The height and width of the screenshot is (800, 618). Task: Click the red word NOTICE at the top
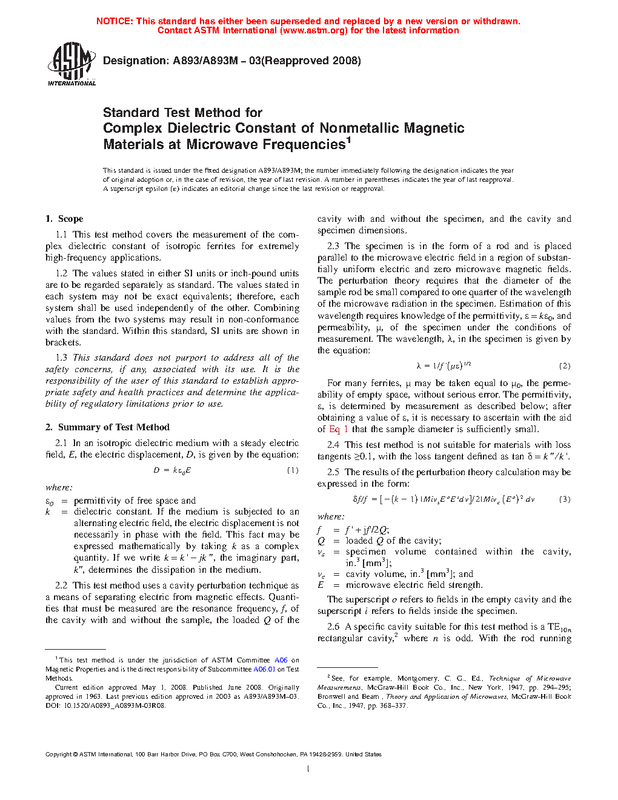115,21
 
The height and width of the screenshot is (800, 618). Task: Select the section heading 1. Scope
64,219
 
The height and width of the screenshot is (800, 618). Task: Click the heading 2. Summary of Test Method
107,427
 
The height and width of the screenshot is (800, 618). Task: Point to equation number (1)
292,470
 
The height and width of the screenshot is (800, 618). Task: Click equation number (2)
564,366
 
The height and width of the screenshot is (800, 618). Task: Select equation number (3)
564,499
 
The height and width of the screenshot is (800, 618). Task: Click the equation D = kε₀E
172,470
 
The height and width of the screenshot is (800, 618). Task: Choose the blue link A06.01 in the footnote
264,670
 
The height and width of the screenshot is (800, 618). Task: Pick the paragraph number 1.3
61,358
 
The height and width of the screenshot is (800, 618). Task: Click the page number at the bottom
308,768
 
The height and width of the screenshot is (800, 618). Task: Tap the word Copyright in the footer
58,755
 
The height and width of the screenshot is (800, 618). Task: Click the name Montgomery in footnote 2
418,679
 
